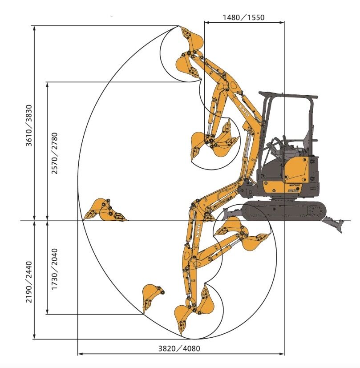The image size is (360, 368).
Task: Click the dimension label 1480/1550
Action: click(x=243, y=17)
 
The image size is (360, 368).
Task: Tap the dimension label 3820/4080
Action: click(x=179, y=348)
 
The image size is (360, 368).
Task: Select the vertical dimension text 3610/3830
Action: click(x=28, y=125)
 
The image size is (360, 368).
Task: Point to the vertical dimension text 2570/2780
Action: click(x=54, y=153)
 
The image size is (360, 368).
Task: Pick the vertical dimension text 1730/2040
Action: click(x=54, y=269)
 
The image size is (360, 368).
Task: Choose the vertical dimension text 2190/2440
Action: click(x=28, y=282)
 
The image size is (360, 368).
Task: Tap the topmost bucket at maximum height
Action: click(x=191, y=37)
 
